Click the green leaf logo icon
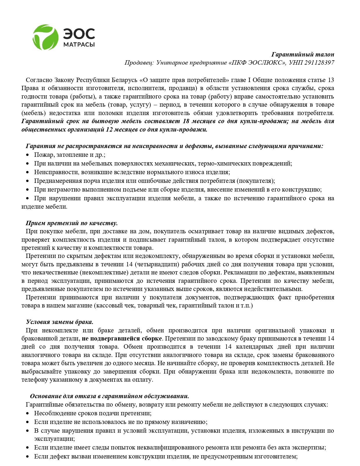pos(45,37)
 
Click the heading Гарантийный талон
pos(303,54)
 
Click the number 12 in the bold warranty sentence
pos(109,130)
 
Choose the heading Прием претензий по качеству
pos(72,223)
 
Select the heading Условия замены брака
pos(59,322)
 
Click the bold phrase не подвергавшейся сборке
pos(122,338)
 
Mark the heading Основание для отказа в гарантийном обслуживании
pos(110,396)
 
